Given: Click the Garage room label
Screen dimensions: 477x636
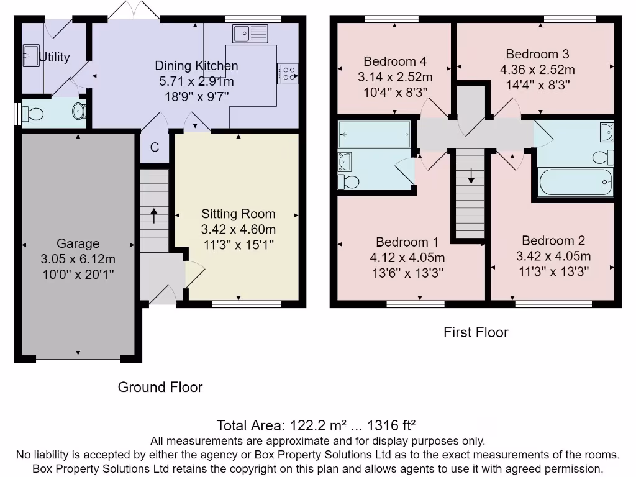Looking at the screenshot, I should pyautogui.click(x=78, y=243).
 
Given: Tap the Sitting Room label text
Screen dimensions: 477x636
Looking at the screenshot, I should pyautogui.click(x=238, y=214).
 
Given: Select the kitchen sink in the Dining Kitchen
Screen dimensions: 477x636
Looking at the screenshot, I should pyautogui.click(x=250, y=32).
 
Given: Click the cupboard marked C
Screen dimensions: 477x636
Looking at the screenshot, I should pyautogui.click(x=155, y=148).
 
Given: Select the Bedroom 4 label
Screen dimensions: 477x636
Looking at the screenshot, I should pyautogui.click(x=395, y=61).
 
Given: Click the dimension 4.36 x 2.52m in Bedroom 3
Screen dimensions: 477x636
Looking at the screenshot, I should pyautogui.click(x=537, y=70).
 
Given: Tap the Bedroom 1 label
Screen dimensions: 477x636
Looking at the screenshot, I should pyautogui.click(x=407, y=242).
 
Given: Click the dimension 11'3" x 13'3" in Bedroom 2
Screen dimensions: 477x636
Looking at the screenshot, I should pyautogui.click(x=553, y=271).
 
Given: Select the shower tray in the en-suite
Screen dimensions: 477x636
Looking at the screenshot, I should pyautogui.click(x=375, y=134).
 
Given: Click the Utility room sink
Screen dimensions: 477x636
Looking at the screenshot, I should pyautogui.click(x=30, y=55).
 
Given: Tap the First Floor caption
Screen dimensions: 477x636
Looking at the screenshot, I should pyautogui.click(x=476, y=332).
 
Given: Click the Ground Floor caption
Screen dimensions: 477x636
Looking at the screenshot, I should pyautogui.click(x=160, y=387).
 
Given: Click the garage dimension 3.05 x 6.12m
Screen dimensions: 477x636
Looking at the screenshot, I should pyautogui.click(x=78, y=258).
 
